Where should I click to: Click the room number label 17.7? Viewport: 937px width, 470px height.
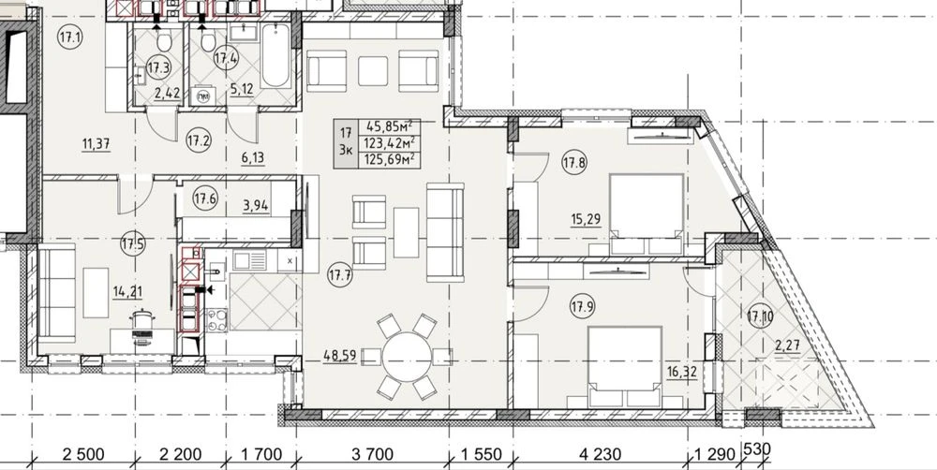point(340,275)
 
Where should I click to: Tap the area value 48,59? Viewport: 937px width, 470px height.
point(340,356)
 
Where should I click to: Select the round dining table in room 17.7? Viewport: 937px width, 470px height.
point(407,358)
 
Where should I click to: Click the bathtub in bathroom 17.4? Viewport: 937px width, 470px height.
point(275,55)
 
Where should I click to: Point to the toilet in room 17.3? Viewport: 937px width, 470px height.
point(163,40)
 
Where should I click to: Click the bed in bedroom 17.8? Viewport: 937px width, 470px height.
point(647,214)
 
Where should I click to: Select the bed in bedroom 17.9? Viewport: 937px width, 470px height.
point(624,367)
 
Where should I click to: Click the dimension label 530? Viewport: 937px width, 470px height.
point(754,448)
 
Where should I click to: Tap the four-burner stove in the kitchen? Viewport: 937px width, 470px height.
point(216,320)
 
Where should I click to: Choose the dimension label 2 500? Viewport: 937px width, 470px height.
point(83,454)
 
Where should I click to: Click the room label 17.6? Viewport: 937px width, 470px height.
point(205,198)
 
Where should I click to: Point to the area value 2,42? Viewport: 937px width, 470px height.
point(168,94)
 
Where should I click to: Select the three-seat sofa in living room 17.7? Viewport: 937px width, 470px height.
point(445,232)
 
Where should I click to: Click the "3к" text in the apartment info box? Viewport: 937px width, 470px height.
point(345,151)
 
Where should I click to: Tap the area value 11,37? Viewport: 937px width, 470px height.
point(96,143)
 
